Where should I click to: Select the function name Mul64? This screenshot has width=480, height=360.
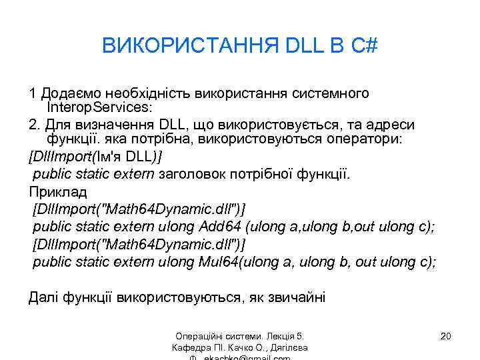point(219,261)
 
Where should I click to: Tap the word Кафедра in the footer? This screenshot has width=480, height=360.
point(191,349)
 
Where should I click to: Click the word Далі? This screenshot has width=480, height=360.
point(43,297)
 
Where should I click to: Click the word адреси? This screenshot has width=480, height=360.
point(392,125)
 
